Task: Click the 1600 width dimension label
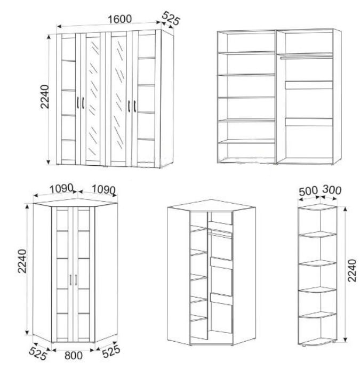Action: pos(119,19)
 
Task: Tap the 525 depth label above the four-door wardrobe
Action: pos(171,18)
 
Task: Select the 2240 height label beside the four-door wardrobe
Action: pos(45,96)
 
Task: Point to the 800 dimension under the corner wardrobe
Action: pos(74,356)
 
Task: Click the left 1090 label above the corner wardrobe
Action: pos(61,189)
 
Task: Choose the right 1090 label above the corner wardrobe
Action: pos(103,189)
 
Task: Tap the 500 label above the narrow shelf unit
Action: pos(308,191)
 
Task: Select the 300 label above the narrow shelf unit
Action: pos(332,190)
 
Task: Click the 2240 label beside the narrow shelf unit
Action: pos(352,270)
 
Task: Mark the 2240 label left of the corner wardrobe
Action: pos(22,261)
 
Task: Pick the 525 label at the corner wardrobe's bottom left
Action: pos(38,353)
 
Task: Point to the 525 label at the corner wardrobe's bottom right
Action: pos(111,352)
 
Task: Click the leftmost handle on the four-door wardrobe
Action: pos(78,103)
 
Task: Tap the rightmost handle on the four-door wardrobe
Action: pos(134,106)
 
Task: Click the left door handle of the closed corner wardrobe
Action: pos(70,280)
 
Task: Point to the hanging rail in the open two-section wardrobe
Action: pos(307,57)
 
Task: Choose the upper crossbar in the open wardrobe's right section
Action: pos(309,85)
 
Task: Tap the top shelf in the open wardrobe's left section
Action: pos(246,53)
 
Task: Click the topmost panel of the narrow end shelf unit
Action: pos(317,207)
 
